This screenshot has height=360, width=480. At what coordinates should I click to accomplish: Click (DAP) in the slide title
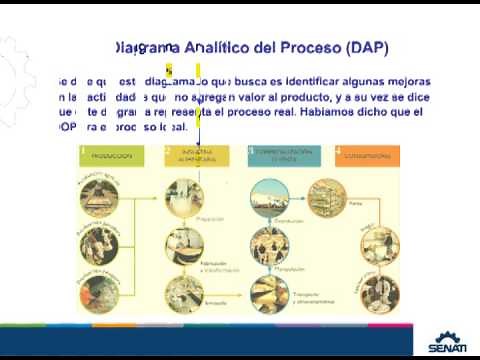click(x=366, y=48)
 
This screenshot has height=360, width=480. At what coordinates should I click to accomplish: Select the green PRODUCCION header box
click(x=118, y=156)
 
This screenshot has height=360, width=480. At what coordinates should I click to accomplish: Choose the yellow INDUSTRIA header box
click(x=201, y=156)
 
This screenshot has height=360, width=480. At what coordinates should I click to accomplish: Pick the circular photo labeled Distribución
click(x=270, y=196)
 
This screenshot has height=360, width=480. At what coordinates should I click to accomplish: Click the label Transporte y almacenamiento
click(x=316, y=296)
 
